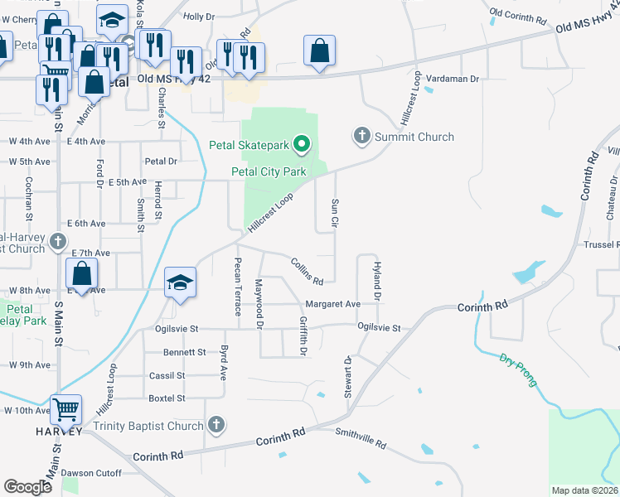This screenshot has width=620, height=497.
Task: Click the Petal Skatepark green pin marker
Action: point(303,146)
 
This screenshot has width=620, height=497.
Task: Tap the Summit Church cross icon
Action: point(361,135)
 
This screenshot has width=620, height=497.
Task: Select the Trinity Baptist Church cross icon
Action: point(216,426)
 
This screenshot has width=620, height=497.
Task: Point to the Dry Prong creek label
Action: point(518,370)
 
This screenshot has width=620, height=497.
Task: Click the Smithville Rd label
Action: point(361,438)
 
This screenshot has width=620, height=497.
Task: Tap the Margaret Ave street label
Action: point(332,304)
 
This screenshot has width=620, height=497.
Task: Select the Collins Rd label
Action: point(306,270)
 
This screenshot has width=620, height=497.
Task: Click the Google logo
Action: point(27,486)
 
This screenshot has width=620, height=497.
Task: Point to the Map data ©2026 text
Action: point(584,490)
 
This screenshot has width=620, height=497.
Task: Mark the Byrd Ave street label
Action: point(223,362)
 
